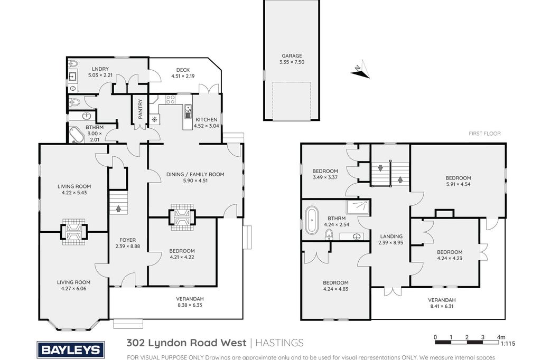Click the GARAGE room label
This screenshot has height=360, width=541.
coord(292,55)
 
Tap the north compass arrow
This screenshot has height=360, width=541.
coord(360,69)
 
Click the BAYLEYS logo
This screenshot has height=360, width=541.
coord(71,350)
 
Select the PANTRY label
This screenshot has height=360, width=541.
coord(140,109)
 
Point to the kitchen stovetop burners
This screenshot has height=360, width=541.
coord(171,100)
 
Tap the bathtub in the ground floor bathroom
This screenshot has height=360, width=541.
coord(77,135)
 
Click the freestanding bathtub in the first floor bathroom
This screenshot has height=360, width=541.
coord(312,220)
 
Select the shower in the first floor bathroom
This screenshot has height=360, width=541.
coord(358,207)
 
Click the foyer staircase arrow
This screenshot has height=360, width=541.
coord(119,209)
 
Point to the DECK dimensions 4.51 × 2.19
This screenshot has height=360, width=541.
coord(183,76)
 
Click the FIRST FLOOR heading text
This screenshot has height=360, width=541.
coord(484,134)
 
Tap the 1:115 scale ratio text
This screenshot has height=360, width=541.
coord(508,344)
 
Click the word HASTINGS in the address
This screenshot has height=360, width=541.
coord(279,343)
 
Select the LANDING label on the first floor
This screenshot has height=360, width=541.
coord(391,236)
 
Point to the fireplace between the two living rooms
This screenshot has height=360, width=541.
coord(74,231)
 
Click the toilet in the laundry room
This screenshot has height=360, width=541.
coord(73,64)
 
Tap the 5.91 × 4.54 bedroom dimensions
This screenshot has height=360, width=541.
coord(458,184)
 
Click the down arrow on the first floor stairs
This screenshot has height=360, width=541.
coord(380,168)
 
